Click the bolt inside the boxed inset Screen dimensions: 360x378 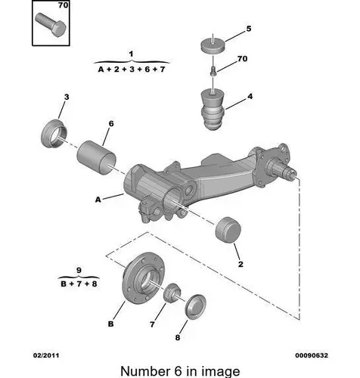(x=51, y=25)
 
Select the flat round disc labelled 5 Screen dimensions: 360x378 (x=213, y=46)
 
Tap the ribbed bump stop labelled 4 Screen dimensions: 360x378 (x=213, y=110)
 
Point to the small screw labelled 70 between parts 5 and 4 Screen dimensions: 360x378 (x=213, y=70)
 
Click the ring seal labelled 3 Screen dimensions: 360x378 (x=54, y=134)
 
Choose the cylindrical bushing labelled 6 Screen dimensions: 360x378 (x=96, y=157)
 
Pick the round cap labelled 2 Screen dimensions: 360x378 (x=228, y=230)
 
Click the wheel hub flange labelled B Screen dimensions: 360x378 (x=143, y=277)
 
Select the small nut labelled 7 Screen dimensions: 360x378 (x=172, y=293)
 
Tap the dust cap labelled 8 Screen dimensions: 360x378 (x=195, y=306)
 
